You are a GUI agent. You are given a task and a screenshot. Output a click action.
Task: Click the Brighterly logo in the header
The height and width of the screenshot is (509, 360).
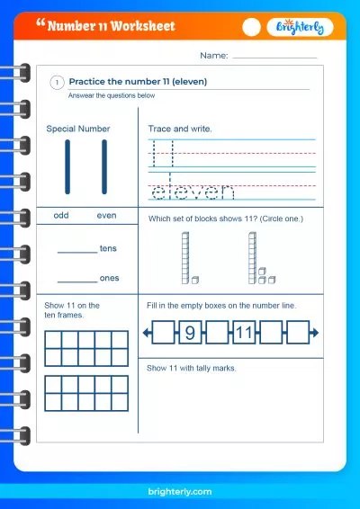click(x=301, y=28)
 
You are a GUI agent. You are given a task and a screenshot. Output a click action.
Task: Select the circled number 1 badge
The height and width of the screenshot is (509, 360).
click(x=56, y=82)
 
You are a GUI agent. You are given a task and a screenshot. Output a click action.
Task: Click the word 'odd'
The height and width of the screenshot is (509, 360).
click(x=61, y=216)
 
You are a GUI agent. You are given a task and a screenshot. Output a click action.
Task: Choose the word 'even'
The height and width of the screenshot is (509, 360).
click(x=107, y=216)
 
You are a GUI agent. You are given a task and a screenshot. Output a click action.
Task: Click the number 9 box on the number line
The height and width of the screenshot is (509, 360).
click(x=189, y=334)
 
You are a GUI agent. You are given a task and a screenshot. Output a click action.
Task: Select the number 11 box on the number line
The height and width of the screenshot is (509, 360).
click(x=245, y=334)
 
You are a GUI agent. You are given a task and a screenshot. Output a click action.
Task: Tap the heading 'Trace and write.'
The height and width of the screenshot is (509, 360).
click(x=180, y=129)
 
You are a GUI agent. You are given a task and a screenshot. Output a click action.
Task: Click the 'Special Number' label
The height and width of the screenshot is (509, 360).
click(x=78, y=129)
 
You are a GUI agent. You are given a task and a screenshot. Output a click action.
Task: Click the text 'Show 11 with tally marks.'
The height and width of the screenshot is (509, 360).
click(x=193, y=368)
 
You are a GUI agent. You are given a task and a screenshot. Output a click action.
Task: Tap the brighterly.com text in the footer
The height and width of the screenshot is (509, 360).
click(x=179, y=492)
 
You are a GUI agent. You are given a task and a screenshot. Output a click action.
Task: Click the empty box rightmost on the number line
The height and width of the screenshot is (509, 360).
click(x=299, y=334)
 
